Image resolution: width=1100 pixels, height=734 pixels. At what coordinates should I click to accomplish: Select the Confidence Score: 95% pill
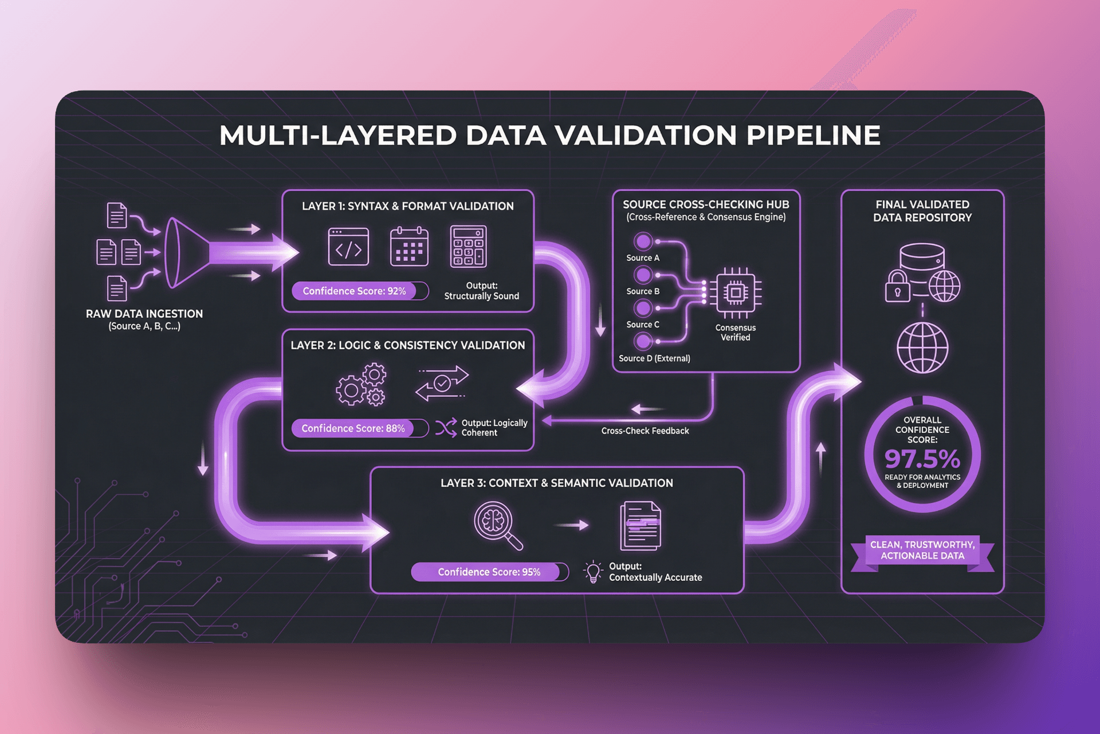489,572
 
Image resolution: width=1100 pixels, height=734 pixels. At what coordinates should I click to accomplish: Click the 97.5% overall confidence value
922,458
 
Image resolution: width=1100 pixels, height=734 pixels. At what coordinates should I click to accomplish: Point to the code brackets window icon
348,247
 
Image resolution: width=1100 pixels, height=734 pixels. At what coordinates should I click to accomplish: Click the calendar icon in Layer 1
409,247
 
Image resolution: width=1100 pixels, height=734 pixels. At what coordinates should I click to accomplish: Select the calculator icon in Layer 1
468,247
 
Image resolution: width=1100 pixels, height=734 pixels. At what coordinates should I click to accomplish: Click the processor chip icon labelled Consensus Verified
736,293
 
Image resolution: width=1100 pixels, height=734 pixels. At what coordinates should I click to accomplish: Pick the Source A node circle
643,241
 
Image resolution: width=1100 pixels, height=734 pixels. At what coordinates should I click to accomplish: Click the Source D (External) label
654,358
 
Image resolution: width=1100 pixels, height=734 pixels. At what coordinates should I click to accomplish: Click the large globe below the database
922,348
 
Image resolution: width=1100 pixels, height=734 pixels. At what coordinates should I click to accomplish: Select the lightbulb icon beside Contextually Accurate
593,572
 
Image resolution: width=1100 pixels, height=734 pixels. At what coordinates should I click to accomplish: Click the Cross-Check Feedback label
645,431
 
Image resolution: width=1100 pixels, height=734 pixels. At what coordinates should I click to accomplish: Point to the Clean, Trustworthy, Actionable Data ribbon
922,550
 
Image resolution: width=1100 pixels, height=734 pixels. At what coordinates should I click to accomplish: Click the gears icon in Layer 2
361,385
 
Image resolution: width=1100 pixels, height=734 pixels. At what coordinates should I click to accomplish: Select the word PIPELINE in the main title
813,136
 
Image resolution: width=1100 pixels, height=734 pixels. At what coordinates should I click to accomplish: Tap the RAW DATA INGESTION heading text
144,314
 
